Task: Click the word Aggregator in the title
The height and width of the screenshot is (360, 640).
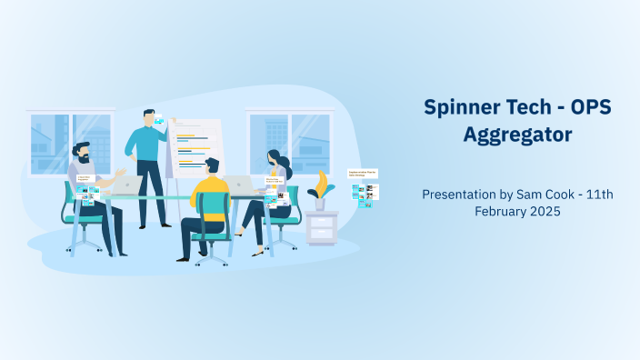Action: [x=517, y=135]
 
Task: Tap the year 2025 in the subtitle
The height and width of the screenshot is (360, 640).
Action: [x=547, y=211]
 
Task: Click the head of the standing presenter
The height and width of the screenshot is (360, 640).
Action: [x=148, y=117]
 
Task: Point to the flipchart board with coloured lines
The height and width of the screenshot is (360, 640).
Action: [x=195, y=145]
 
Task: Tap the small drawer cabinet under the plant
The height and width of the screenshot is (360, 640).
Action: [x=321, y=227]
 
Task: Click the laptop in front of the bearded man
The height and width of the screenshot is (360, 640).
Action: [x=127, y=185]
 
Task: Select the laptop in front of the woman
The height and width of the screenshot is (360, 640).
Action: [x=243, y=185]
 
